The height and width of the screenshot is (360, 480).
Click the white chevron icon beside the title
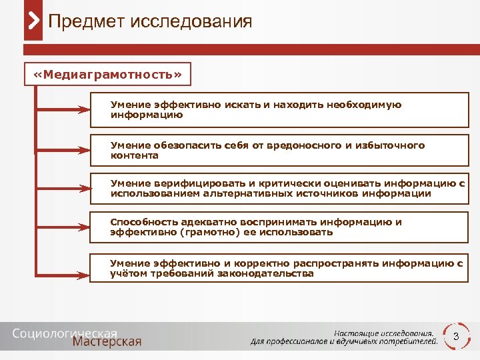(34, 22)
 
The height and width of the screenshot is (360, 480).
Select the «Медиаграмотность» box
(107, 74)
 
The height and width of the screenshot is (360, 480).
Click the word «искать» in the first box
(242, 105)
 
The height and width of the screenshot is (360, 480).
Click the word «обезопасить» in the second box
(177, 145)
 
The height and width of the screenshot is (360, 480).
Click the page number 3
(456, 337)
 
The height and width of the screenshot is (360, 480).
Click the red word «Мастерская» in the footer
(107, 342)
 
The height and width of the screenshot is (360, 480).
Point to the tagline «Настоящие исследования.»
(385, 333)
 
